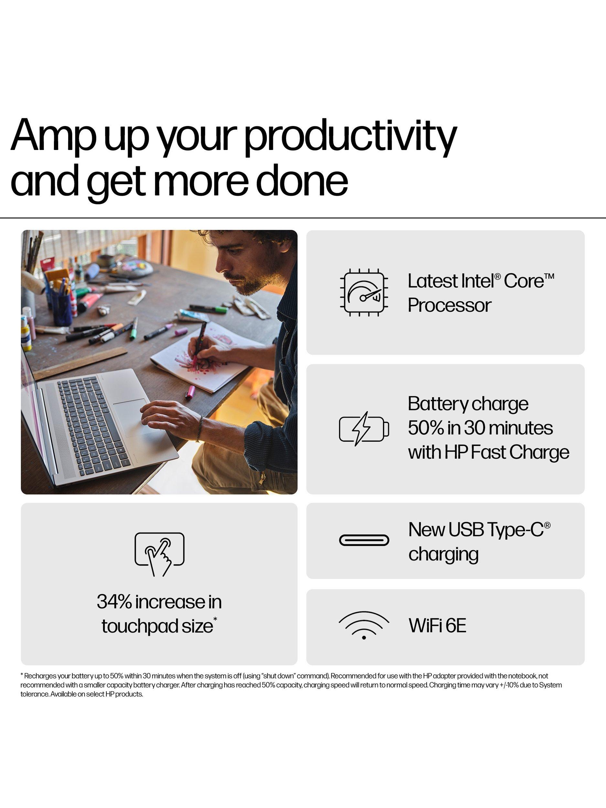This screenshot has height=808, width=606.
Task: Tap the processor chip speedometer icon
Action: click(364, 292)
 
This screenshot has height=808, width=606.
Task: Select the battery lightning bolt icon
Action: click(364, 429)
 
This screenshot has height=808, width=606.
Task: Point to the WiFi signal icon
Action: click(364, 625)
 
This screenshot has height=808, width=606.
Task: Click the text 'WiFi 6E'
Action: click(437, 625)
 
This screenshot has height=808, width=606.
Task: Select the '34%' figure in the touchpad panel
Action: click(114, 601)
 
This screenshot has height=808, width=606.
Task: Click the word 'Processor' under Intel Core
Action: click(449, 305)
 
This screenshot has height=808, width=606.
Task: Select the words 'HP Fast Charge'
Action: click(507, 452)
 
